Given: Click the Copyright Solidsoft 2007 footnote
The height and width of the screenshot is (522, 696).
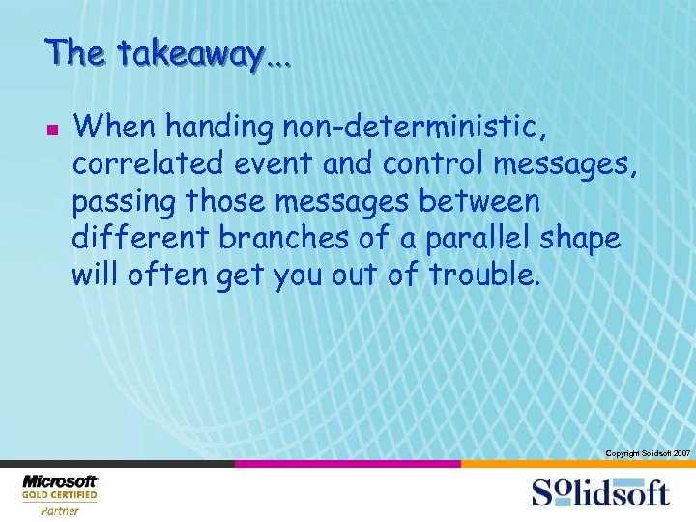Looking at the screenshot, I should [647, 453].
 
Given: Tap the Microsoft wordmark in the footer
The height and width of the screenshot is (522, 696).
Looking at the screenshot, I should [60, 481].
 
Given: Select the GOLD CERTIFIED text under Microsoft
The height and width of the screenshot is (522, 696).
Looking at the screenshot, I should [60, 495].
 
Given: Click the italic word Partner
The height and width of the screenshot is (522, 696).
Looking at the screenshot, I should [60, 511].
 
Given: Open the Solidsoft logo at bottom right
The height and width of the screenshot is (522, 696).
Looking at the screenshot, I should [599, 492].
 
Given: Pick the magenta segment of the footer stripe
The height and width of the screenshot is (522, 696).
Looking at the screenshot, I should [348, 464].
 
